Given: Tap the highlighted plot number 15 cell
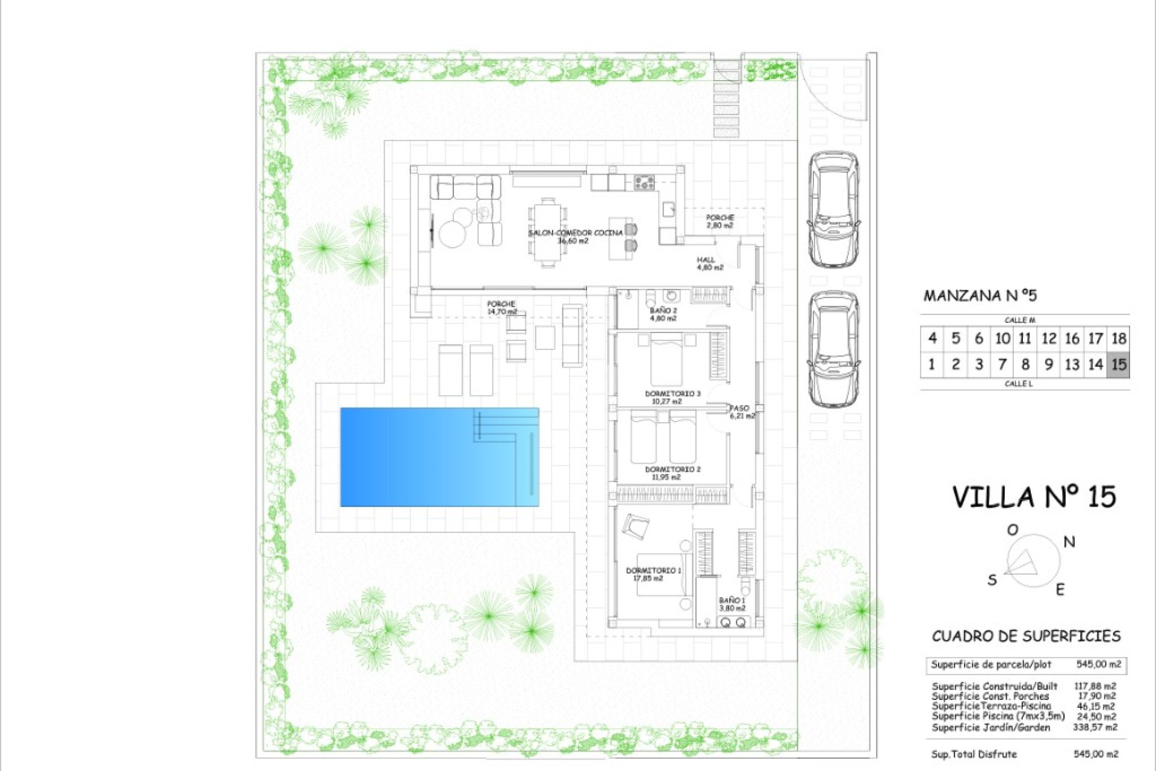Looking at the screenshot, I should point(1118,364).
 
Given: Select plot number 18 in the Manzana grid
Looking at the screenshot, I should point(1118,339).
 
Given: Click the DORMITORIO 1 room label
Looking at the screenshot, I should point(653,570).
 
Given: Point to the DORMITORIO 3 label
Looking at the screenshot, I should point(673,393).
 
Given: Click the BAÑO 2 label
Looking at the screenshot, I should point(663,311).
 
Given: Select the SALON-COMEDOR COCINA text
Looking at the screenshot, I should point(575,233).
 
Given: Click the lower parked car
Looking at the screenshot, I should point(833,349).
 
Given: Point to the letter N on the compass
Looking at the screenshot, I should point(1069,542).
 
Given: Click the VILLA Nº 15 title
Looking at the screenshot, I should point(1034,498).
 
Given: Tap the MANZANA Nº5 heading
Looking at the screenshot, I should point(980,296).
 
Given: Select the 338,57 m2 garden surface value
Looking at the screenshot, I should point(1095,728).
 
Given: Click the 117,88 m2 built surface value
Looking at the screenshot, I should point(1095,686).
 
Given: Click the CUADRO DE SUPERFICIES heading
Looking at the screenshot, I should point(1026,637).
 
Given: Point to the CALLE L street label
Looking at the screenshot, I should point(1018,384).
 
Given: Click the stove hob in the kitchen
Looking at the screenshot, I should point(644,182).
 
